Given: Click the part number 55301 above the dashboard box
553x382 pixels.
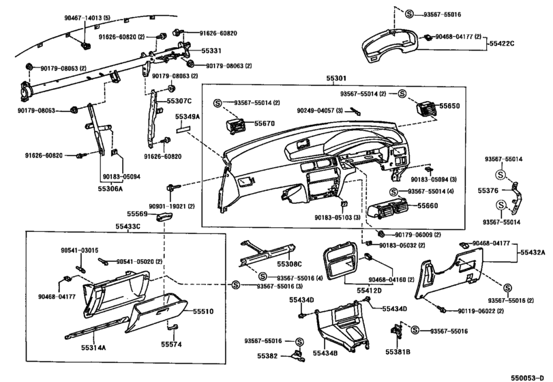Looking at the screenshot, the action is (336, 78).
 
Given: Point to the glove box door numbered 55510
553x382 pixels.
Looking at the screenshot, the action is (155, 312).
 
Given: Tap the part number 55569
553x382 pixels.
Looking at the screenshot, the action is (138, 214).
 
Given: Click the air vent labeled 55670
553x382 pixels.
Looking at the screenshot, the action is (236, 126).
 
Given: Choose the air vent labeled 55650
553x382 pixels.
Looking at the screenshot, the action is (427, 107).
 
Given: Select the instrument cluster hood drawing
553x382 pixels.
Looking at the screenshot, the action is (390, 45).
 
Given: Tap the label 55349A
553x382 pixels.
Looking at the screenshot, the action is (188, 117).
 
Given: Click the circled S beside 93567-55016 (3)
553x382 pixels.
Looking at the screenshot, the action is (236, 285).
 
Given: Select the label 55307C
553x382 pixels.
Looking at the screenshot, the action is (179, 101).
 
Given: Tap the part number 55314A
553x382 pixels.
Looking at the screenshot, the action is (93, 348).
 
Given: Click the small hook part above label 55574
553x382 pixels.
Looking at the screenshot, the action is (173, 328).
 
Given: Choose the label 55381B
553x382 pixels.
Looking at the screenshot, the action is (398, 352).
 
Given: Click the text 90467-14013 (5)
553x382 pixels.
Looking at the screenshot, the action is (87, 18).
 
